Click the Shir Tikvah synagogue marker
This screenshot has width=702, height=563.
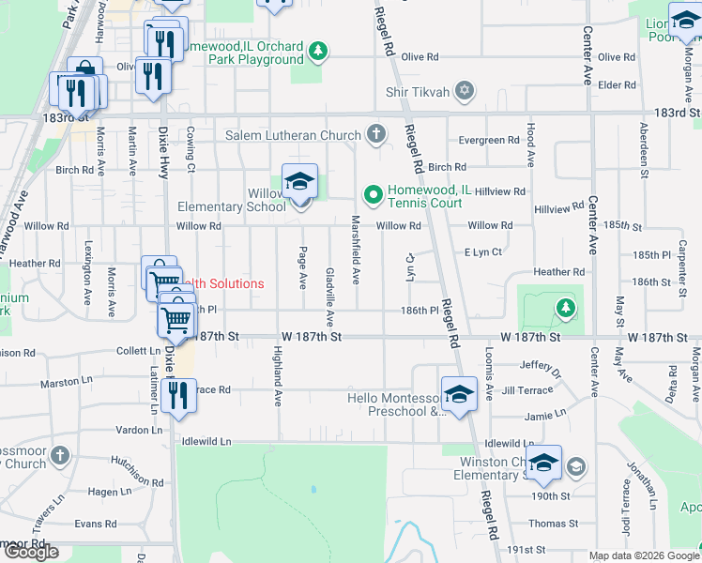click(463, 91)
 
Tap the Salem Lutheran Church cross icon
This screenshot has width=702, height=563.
click(376, 135)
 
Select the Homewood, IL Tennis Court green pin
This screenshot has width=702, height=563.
click(373, 195)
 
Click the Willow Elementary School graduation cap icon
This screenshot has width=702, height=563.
click(299, 182)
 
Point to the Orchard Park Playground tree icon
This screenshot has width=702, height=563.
click(318, 51)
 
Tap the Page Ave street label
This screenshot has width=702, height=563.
click(302, 267)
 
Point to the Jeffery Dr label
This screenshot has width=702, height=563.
click(540, 367)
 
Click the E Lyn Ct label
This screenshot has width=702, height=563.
click(483, 252)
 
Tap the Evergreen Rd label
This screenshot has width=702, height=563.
click(488, 141)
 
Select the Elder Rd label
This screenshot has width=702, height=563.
click(617, 85)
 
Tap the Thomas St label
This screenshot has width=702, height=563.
click(547, 524)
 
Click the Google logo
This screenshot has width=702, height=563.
click(31, 552)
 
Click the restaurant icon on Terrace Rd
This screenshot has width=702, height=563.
click(177, 396)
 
